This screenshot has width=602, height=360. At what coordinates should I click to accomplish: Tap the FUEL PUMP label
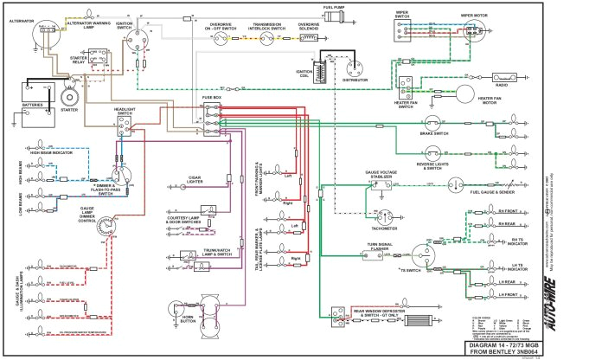[335, 7]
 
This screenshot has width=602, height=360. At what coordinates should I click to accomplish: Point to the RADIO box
[501, 86]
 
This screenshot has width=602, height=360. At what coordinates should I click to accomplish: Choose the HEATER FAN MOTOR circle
[464, 93]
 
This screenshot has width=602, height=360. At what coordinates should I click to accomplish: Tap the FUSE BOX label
[212, 98]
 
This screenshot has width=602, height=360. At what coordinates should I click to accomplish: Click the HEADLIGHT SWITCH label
[125, 110]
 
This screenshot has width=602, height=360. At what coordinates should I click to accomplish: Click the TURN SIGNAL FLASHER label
[380, 247]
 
